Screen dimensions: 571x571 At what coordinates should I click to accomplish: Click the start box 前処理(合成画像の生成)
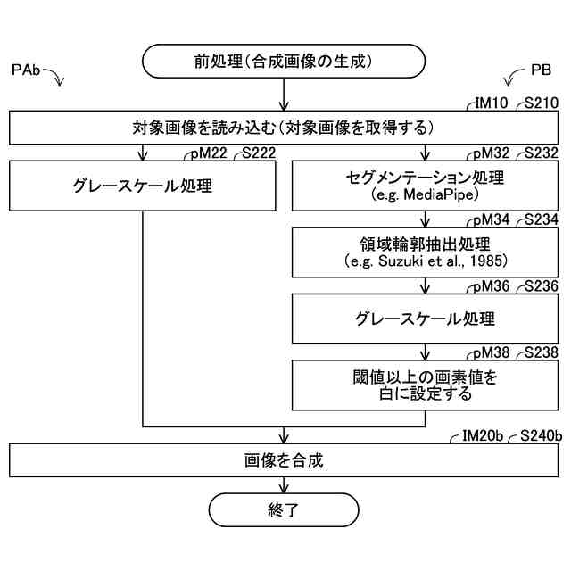283,62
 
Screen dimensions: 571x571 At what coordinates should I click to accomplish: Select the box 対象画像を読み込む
285,126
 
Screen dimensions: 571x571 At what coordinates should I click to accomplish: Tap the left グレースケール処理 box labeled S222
143,186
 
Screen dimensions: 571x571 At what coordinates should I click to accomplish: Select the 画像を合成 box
285,460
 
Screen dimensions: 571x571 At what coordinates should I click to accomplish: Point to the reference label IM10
488,103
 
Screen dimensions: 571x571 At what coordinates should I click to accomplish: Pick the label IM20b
483,435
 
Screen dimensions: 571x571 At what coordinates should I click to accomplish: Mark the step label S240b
540,435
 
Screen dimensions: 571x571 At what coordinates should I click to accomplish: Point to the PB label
541,70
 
